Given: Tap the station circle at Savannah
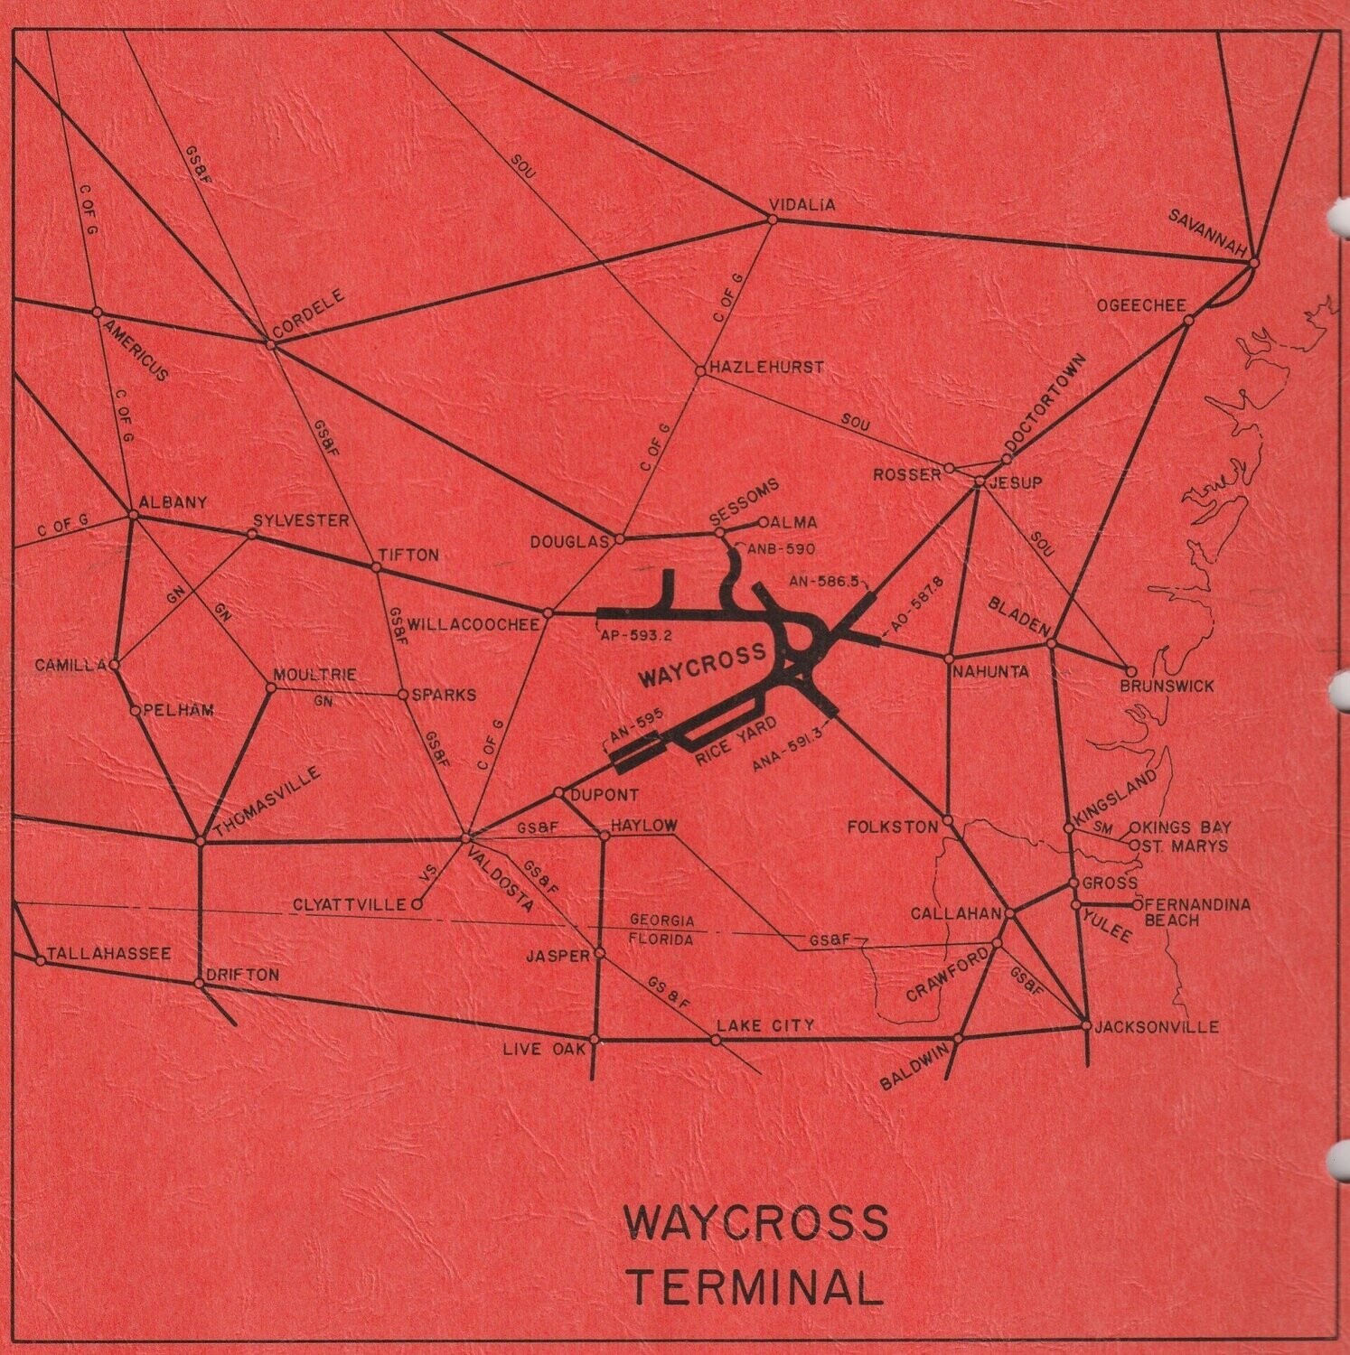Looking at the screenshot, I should (x=1253, y=263).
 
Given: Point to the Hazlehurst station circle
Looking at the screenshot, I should (x=700, y=370).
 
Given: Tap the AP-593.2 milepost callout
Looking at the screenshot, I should (x=635, y=635).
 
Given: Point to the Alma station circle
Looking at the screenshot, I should (x=764, y=522).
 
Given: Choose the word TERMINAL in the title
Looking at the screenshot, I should (x=755, y=1286).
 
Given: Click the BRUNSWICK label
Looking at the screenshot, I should (x=1167, y=687).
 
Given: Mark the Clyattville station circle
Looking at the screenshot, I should (x=417, y=903).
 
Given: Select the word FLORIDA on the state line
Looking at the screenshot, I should (x=662, y=939).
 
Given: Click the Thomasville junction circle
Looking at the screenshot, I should (x=201, y=841).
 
